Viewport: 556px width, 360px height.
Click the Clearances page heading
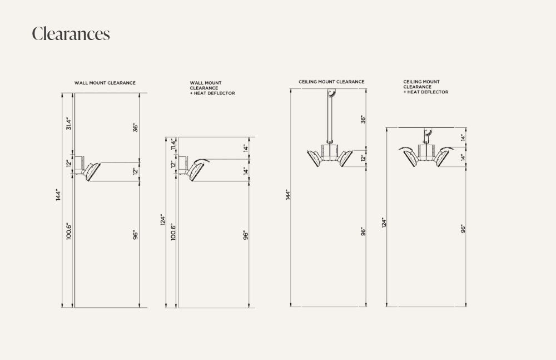(71, 34)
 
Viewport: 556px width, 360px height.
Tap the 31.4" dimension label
(69, 124)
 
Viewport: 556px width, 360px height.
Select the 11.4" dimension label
(173, 144)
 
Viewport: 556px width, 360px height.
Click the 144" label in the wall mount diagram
(58, 195)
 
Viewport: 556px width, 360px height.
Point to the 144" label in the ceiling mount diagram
(288, 195)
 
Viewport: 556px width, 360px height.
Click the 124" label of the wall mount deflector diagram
(163, 219)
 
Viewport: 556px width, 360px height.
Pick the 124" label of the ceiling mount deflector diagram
(384, 223)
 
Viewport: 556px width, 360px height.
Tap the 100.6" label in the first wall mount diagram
(69, 231)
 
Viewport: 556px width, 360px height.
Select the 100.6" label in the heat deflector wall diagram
(173, 232)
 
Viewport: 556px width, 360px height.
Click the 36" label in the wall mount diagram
(136, 128)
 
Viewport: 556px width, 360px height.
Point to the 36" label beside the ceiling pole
(363, 119)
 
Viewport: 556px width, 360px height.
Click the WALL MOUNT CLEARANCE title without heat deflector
(105, 83)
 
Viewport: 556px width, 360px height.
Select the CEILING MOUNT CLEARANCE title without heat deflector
(331, 82)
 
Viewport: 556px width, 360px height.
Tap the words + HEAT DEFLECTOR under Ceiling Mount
(426, 92)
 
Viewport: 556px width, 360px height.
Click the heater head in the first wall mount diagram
(91, 172)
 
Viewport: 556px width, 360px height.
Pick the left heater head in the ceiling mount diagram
(315, 158)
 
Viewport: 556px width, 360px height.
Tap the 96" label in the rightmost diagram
(463, 229)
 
